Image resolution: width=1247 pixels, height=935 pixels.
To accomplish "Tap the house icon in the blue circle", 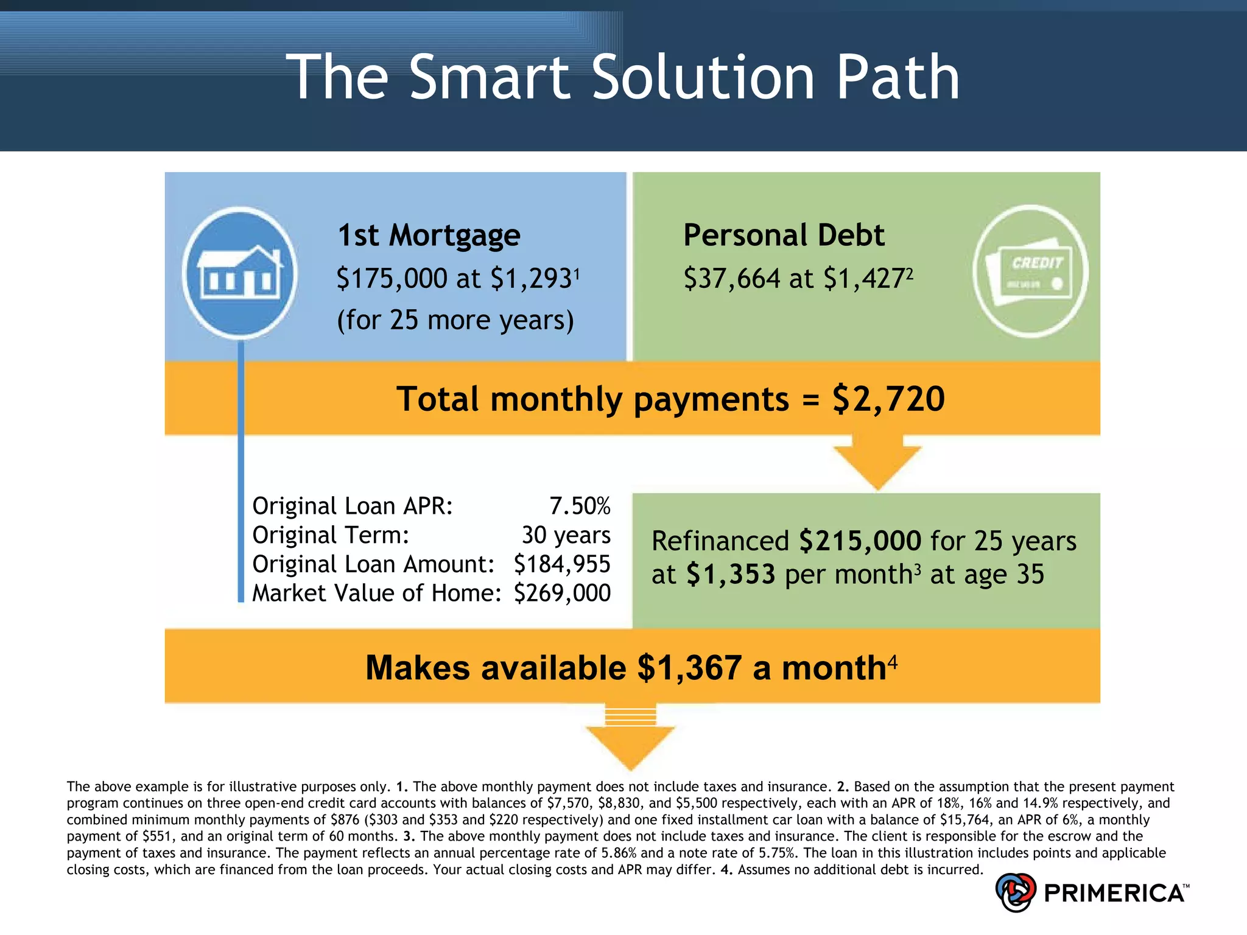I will click(x=240, y=272).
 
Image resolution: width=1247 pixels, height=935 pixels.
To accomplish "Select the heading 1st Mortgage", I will click(x=429, y=235).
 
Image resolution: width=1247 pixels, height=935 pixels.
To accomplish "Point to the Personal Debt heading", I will click(x=783, y=235).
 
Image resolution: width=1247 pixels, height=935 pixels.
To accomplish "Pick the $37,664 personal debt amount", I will click(x=731, y=278).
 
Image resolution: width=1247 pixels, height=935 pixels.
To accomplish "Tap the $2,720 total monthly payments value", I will click(x=888, y=399).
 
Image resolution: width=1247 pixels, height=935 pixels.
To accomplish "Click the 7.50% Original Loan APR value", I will click(x=580, y=506).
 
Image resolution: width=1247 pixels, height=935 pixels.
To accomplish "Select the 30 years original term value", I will click(x=566, y=535).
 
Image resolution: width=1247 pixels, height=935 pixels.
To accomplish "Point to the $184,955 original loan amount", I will click(x=561, y=564).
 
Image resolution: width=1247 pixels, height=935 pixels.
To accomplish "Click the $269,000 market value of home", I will click(x=561, y=593).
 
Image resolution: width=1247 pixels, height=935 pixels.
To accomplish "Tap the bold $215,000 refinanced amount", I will click(x=860, y=541).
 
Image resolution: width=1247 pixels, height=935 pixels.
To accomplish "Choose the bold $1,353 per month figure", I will click(x=730, y=574).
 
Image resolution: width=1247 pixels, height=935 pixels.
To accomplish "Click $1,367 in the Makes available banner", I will click(x=689, y=668).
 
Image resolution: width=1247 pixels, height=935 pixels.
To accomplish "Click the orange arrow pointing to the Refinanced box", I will click(x=877, y=462).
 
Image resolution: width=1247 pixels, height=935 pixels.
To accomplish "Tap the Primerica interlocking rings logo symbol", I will click(x=1015, y=892).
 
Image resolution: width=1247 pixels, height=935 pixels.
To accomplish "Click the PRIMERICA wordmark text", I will click(x=1114, y=893).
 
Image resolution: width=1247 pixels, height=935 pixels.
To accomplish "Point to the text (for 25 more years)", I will click(x=455, y=320).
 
